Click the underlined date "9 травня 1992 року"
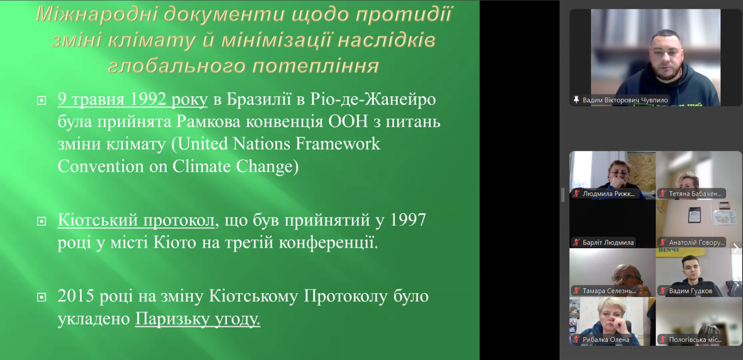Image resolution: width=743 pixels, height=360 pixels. (132, 99)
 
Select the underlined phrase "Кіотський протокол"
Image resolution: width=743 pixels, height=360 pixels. (136, 220)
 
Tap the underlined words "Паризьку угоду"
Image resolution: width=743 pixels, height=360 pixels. (197, 319)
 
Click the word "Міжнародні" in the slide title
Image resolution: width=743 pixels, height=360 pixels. (97, 14)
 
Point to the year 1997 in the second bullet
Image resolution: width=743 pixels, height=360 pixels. (408, 220)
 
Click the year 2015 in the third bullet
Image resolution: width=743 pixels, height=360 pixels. (76, 295)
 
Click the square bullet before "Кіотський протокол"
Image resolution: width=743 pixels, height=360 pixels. (41, 221)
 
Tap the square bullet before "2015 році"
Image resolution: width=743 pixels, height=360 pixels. (41, 297)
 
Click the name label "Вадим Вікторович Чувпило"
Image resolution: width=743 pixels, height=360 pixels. (625, 100)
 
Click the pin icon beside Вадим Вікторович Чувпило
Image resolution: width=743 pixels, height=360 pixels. (576, 99)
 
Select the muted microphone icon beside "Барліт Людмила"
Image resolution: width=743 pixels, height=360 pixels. (576, 242)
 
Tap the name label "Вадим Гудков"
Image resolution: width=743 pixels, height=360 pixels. (691, 291)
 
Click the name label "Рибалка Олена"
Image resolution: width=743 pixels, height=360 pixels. (606, 340)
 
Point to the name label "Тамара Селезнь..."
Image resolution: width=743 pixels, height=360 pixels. (609, 291)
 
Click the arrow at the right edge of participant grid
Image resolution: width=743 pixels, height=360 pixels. (736, 248)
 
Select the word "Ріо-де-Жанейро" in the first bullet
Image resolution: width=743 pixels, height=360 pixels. (373, 99)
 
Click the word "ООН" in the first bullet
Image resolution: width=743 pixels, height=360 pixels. (348, 121)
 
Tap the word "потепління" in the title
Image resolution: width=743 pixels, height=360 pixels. (315, 65)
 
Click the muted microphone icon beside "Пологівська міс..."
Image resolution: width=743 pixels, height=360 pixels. (662, 340)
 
